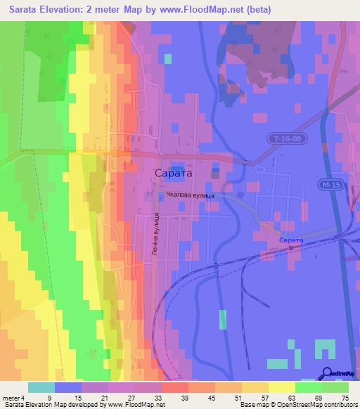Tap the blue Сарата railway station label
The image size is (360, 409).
(x=291, y=241)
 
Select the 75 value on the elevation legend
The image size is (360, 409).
(x=345, y=398)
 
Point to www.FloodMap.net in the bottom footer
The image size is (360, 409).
(x=137, y=405)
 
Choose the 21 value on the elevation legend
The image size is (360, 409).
(x=104, y=398)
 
